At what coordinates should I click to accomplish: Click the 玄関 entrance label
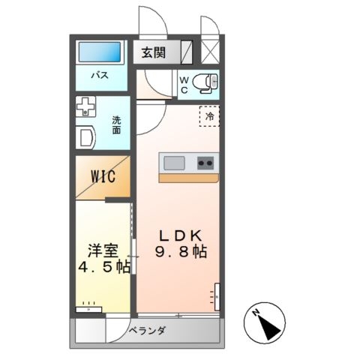(154, 52)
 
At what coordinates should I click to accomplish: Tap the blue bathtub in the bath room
(100, 52)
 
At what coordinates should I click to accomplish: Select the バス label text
(100, 75)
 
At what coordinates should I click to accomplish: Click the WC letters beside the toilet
(184, 85)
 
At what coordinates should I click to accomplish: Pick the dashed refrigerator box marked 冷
(209, 116)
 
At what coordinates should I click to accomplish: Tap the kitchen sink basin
(174, 163)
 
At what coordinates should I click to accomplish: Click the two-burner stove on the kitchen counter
(205, 163)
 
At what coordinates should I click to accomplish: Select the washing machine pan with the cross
(85, 106)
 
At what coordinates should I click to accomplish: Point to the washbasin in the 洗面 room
(85, 137)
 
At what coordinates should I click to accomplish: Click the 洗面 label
(116, 125)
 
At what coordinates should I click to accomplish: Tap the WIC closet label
(103, 176)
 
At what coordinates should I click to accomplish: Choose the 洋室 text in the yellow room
(103, 250)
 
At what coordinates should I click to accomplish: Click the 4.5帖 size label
(104, 267)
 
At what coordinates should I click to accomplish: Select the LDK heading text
(181, 235)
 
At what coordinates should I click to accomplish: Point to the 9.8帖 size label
(181, 251)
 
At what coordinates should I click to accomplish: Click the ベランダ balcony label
(147, 331)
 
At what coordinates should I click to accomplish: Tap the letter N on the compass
(255, 313)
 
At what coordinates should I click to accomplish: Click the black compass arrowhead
(270, 328)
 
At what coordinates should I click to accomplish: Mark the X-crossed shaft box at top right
(210, 52)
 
